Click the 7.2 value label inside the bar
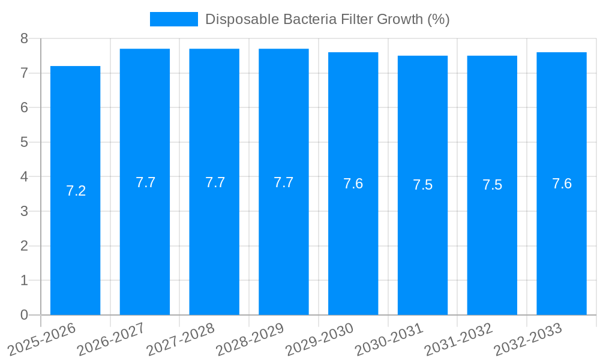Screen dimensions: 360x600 [x=76, y=191]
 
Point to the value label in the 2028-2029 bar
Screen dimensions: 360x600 [x=284, y=182]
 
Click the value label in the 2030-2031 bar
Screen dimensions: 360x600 [x=422, y=185]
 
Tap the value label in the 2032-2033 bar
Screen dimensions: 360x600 [x=562, y=184]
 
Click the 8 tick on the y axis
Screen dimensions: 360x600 [x=24, y=38]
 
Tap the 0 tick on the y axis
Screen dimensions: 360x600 [x=24, y=315]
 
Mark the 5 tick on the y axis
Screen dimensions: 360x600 [x=24, y=142]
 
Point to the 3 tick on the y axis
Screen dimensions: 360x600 [x=24, y=211]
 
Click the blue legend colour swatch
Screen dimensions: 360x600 [x=173, y=19]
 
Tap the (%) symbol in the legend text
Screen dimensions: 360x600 [x=438, y=19]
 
